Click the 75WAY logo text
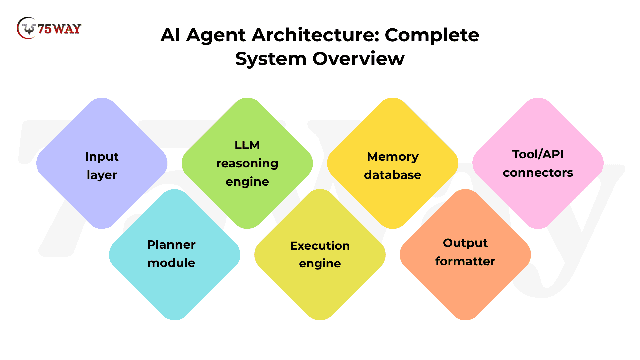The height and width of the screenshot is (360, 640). tap(59, 29)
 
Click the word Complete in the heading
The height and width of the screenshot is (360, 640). tap(432, 35)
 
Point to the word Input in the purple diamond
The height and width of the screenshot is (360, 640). tap(102, 157)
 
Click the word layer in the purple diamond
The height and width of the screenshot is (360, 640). tap(102, 175)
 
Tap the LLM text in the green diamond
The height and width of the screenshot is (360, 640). tap(247, 145)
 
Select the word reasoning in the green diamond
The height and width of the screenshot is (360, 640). tap(247, 163)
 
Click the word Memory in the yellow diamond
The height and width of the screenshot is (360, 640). tap(393, 157)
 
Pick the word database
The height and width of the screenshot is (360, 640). tap(393, 175)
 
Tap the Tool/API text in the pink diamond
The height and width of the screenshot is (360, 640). tap(538, 154)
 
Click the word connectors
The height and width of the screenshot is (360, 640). tap(538, 173)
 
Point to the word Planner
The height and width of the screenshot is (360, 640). tap(171, 245)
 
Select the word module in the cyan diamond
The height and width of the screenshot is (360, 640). tap(171, 263)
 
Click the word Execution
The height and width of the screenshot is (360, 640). tap(320, 246)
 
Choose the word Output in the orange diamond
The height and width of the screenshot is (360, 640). tap(465, 243)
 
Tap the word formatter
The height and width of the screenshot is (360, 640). tap(465, 261)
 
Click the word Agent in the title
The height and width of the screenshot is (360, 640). tap(216, 35)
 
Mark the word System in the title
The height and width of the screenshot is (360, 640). tap(271, 59)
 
